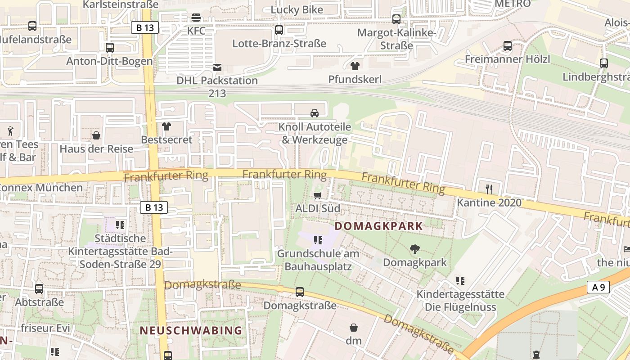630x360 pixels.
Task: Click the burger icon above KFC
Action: point(196,18)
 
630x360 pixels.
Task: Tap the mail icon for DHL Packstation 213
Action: point(217,67)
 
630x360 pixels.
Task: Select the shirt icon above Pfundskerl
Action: point(355,66)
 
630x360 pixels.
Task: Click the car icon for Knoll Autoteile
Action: point(315,113)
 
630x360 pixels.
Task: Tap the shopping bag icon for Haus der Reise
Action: point(96,135)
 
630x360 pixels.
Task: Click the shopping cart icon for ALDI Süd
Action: point(318,195)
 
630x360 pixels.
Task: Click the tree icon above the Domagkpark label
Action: point(414,249)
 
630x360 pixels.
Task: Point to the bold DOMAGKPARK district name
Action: point(379,226)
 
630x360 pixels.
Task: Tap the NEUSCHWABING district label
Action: point(191,330)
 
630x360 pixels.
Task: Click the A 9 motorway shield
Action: point(598,287)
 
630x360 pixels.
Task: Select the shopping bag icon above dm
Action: point(354,327)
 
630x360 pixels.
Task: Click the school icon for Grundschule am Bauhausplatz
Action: point(318,240)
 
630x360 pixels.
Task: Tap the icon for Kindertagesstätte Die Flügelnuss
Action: point(460,281)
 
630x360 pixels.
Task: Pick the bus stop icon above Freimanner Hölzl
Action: point(508,46)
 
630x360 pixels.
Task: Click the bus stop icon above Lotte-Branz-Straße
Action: point(279,30)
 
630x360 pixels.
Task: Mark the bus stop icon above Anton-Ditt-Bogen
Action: point(110,48)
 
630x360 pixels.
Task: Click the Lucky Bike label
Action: point(297,9)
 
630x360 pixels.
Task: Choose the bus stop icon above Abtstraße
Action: point(39,289)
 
